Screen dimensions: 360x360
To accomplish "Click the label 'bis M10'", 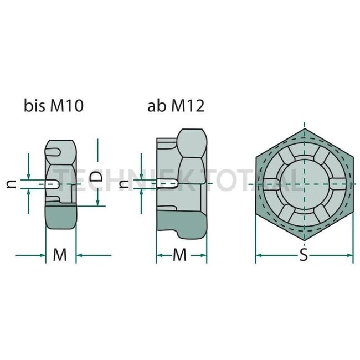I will (x=53, y=106).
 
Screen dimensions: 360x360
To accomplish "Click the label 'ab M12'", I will (x=176, y=106).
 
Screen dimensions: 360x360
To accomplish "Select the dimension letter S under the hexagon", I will (x=304, y=255).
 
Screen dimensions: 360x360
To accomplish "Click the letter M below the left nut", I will (x=60, y=255).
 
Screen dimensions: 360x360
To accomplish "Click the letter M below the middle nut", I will (x=181, y=255).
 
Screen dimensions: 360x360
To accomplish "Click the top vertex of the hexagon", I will (x=304, y=128).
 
